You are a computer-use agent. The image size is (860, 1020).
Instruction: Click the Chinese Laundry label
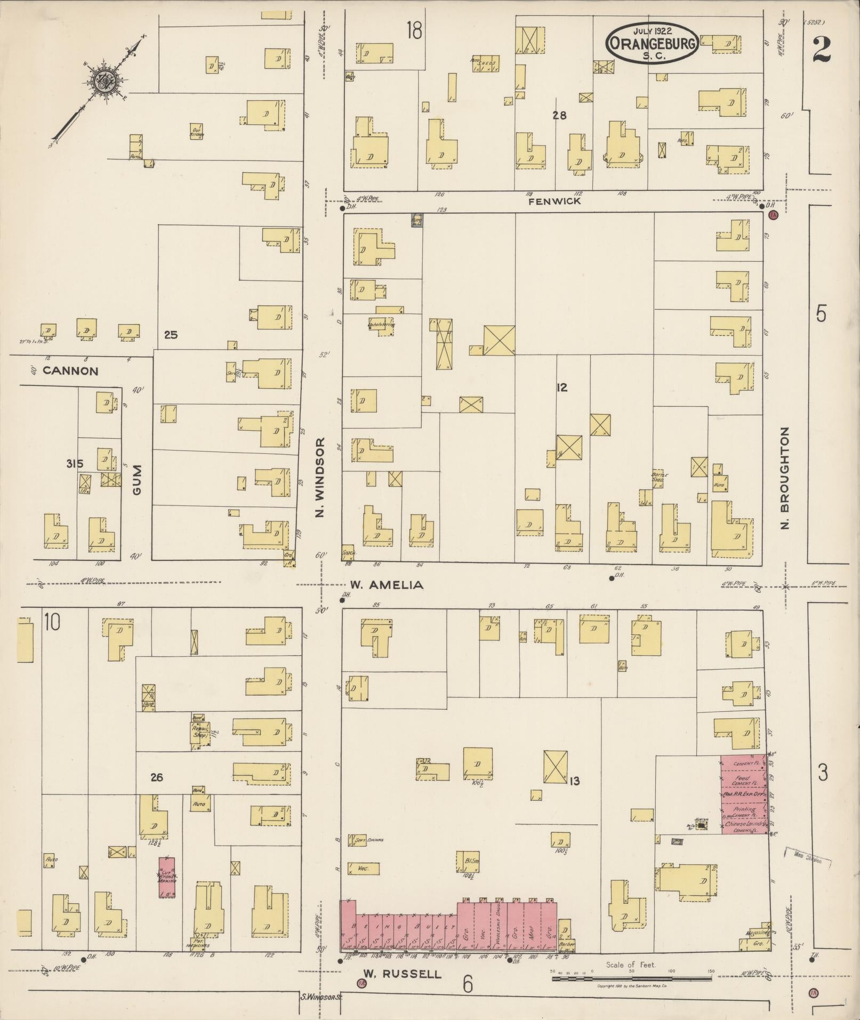[x=744, y=824]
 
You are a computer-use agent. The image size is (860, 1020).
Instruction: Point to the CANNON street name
[x=70, y=371]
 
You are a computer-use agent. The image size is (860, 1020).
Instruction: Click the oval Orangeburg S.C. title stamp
[x=652, y=44]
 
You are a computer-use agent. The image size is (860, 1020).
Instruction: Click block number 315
[x=75, y=464]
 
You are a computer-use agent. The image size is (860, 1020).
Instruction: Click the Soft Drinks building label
[x=368, y=840]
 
